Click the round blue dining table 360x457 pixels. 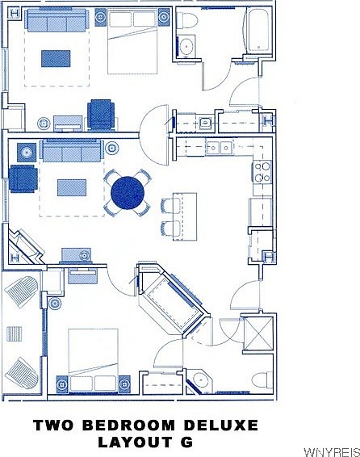(128, 192)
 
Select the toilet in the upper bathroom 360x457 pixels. (186, 19)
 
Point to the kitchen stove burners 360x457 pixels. (262, 172)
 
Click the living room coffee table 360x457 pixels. (71, 187)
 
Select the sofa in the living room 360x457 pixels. (72, 151)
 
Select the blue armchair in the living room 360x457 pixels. (23, 178)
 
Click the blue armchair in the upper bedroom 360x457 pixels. (102, 114)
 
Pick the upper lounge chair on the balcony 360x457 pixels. (22, 290)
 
